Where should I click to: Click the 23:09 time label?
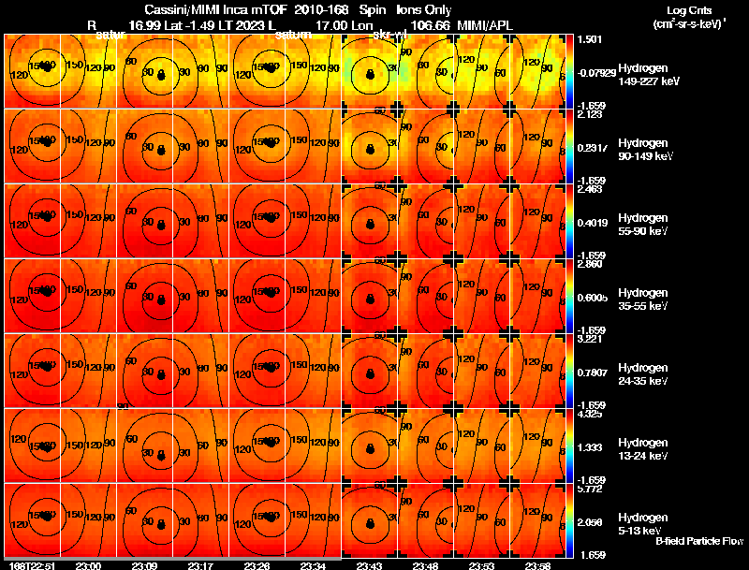coord(144,564)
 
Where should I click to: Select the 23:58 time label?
coord(537,564)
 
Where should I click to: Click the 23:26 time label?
coord(256,564)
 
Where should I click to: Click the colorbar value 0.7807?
coord(594,373)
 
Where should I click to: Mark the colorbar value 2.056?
coord(592,522)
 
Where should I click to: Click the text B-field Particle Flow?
coord(699,541)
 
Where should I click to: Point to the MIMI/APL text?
coord(484,23)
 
